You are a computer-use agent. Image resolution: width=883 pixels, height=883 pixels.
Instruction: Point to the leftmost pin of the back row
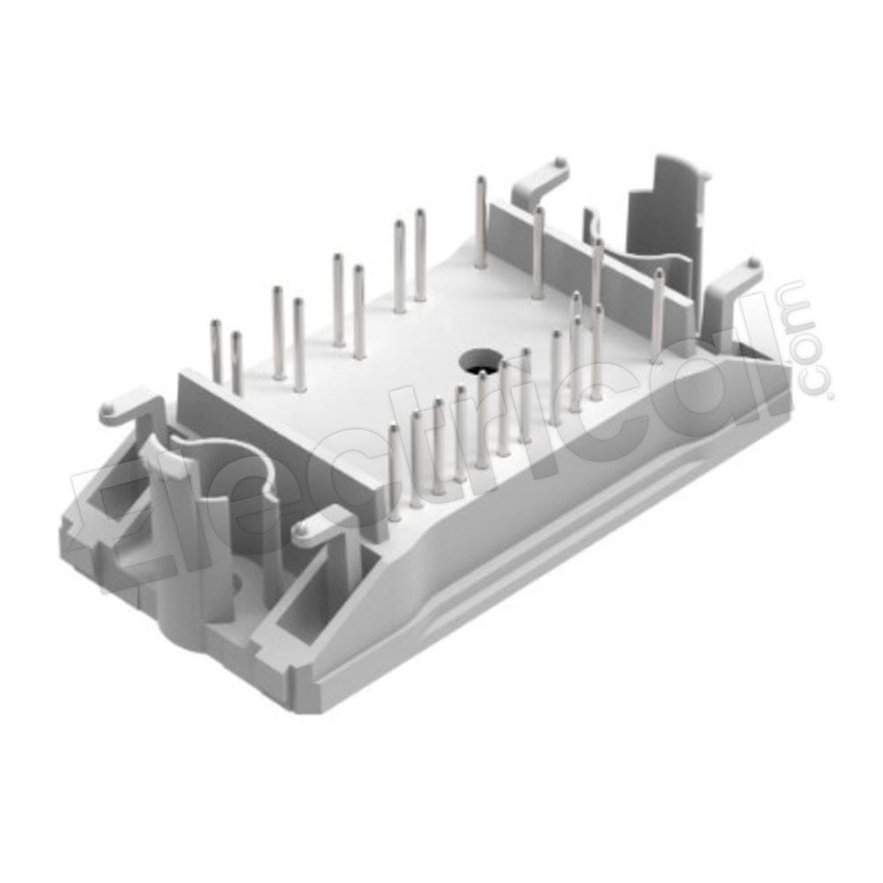coord(215,352)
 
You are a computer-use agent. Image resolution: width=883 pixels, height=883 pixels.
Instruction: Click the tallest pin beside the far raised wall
coord(480,222)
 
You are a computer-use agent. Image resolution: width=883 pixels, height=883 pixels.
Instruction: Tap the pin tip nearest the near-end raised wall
coord(394,430)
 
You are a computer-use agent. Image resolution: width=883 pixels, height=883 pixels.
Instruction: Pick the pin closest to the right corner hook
coord(658,315)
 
